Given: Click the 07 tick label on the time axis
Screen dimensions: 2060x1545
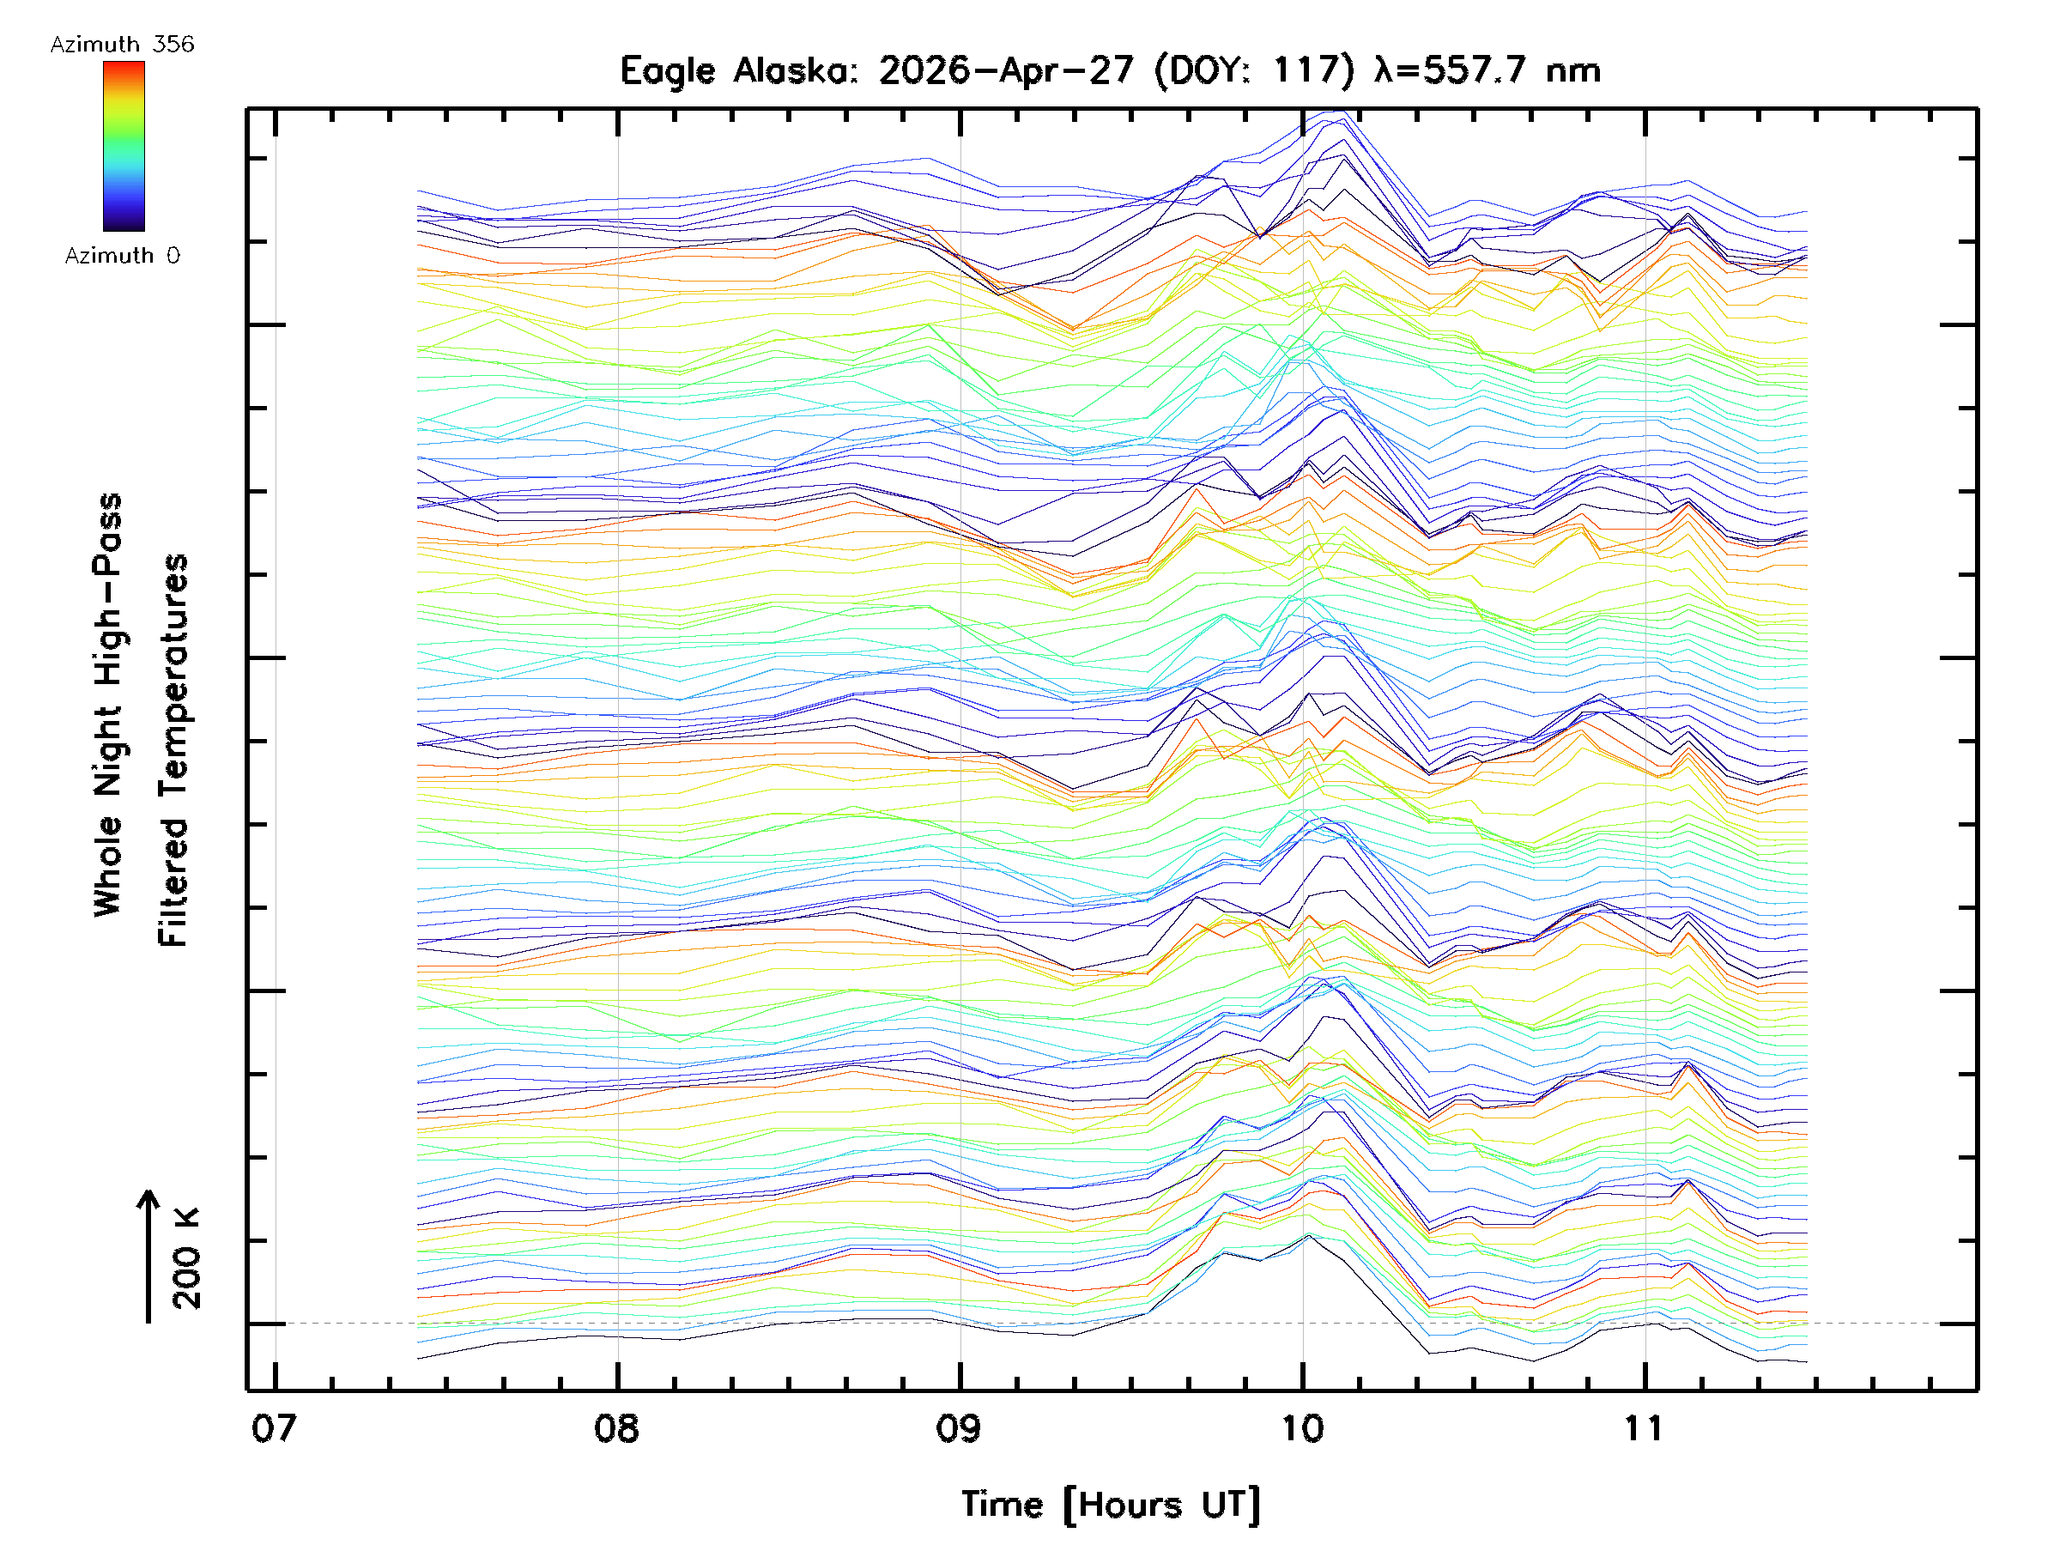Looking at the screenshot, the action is point(274,1427).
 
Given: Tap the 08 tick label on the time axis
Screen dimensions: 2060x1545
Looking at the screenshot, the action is point(616,1427).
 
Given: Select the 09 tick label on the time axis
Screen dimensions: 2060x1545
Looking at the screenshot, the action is point(960,1427).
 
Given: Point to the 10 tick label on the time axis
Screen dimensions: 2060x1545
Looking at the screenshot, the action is point(1302,1427).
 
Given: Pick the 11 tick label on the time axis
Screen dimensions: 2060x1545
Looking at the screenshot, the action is point(1644,1427).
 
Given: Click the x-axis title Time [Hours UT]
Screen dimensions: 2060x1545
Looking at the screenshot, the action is point(1111,1505).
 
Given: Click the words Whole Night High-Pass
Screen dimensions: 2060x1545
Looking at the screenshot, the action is point(107,705).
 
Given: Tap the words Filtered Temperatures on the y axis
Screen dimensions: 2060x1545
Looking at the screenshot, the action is point(173,751).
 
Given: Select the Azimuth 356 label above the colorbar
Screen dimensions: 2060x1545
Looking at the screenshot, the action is point(122,45).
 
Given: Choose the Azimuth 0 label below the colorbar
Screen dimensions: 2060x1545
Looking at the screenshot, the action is point(122,255).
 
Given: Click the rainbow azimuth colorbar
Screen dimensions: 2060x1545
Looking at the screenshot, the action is point(124,146).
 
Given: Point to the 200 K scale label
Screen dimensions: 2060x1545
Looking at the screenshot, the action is point(186,1259).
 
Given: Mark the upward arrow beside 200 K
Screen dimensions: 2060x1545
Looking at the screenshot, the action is point(148,1257).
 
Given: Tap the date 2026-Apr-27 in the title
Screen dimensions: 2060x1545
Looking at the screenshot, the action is point(1007,70).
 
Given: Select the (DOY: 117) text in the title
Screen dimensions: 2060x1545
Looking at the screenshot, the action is point(1254,70).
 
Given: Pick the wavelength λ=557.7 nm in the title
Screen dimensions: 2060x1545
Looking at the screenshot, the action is point(1487,70).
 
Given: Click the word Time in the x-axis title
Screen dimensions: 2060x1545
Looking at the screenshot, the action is point(1002,1504).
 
